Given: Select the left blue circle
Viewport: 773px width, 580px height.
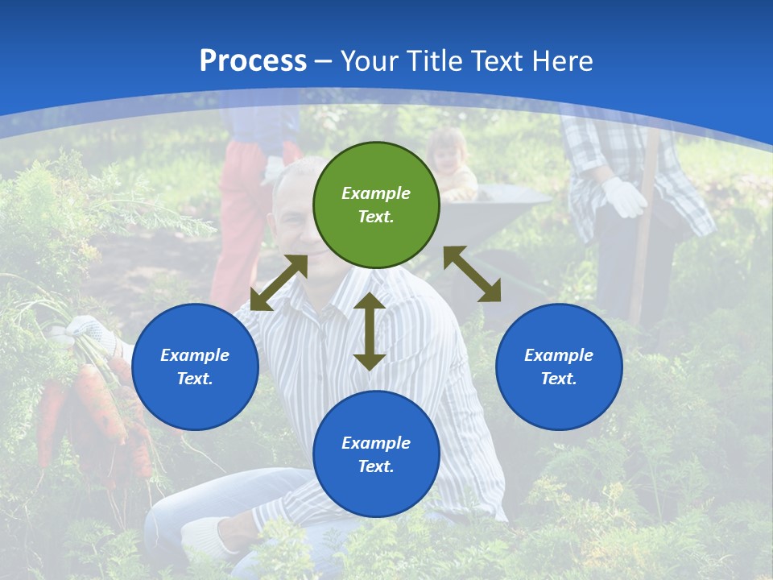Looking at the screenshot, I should [195, 367].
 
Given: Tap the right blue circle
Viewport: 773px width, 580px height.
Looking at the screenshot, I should [559, 367].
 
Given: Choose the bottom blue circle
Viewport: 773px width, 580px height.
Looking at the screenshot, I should [376, 454].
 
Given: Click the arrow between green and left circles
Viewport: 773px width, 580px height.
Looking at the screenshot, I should [279, 283].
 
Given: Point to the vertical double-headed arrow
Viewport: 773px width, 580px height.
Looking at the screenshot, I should [370, 331].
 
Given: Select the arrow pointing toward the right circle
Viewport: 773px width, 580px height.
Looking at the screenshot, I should [472, 274].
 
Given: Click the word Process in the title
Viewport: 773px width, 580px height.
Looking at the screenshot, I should [253, 60].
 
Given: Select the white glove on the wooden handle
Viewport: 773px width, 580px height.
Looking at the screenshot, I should [624, 197].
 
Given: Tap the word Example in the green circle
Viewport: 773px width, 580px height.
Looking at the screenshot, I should [376, 193].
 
